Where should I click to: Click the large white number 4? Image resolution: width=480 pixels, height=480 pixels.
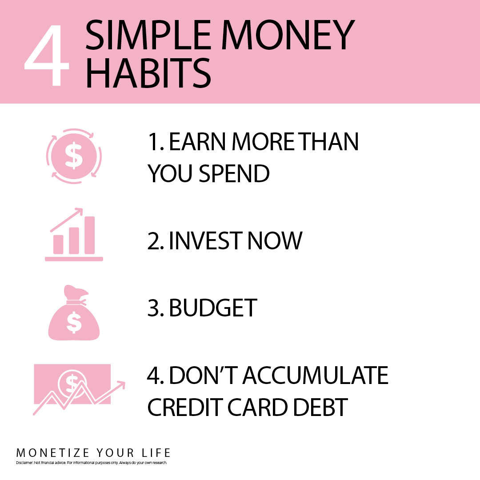click(x=47, y=56)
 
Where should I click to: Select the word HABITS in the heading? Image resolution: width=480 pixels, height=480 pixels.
click(x=148, y=73)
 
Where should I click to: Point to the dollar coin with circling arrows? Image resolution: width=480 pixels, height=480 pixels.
click(x=74, y=156)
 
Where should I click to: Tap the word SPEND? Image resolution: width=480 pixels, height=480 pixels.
click(x=234, y=173)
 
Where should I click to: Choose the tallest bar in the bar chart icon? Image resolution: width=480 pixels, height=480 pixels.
click(x=90, y=235)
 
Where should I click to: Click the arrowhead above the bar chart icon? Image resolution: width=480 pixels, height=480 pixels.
click(x=79, y=212)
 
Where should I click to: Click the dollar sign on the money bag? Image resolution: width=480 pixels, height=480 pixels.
click(x=74, y=322)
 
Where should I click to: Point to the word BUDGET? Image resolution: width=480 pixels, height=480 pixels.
click(x=213, y=308)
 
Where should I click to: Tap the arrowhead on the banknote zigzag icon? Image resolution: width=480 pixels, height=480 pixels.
click(x=121, y=384)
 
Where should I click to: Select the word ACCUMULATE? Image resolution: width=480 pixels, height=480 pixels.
click(x=316, y=375)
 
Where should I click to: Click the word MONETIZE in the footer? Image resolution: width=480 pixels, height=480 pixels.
click(x=52, y=452)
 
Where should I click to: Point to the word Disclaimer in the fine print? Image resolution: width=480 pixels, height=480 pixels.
click(x=24, y=463)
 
